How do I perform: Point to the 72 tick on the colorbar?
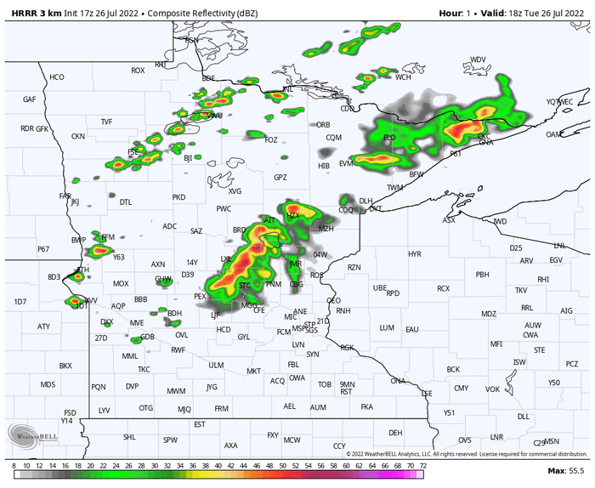[x=422, y=466]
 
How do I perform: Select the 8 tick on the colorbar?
[x=14, y=466]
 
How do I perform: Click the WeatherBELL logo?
[x=33, y=433]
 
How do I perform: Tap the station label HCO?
[x=57, y=77]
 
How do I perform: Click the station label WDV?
[x=479, y=60]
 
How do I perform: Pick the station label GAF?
[x=30, y=99]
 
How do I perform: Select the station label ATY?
[x=44, y=326]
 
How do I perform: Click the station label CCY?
[x=339, y=445]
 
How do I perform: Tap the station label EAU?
[x=412, y=329]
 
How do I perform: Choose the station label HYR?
[x=414, y=254]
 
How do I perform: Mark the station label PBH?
[x=483, y=274]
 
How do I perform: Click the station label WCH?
[x=403, y=77]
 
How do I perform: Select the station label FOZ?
[x=271, y=139]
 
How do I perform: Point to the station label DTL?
[x=126, y=202]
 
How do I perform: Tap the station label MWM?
[x=176, y=391]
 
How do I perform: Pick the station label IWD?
[x=500, y=222]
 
